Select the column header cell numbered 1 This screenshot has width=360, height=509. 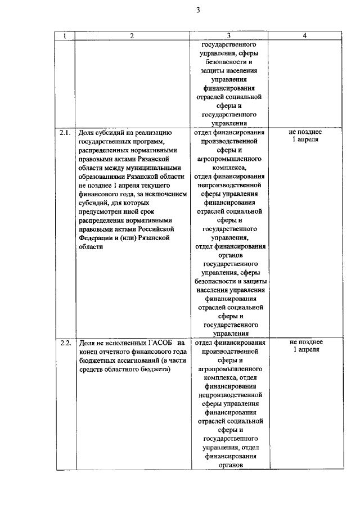pyautogui.click(x=65, y=36)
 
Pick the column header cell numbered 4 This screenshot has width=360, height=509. pyautogui.click(x=304, y=36)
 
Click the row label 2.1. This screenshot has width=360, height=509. pyautogui.click(x=65, y=133)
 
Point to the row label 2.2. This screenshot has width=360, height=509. pyautogui.click(x=65, y=343)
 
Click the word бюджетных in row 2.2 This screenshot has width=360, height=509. pyautogui.click(x=97, y=360)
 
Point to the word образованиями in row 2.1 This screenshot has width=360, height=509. pyautogui.click(x=103, y=176)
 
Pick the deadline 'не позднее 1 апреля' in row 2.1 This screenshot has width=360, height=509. pyautogui.click(x=304, y=136)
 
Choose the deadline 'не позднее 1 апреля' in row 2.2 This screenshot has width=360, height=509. pyautogui.click(x=304, y=345)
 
